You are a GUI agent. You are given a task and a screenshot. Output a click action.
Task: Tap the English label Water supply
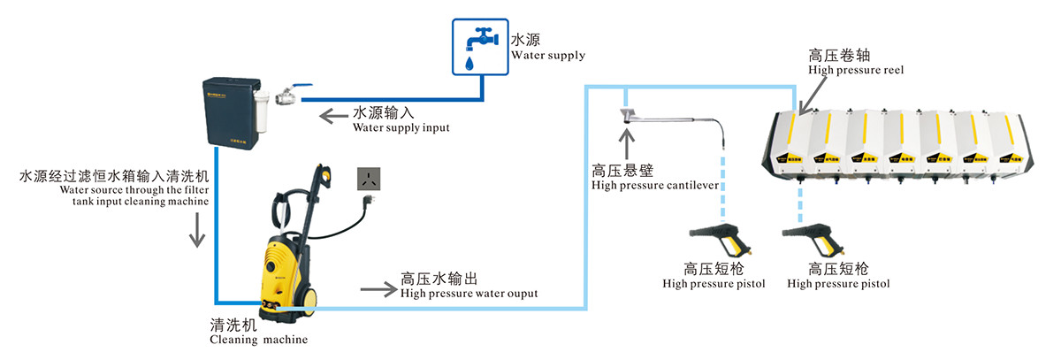(x=548, y=55)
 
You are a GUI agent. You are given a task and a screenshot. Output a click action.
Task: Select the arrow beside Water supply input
(x=332, y=116)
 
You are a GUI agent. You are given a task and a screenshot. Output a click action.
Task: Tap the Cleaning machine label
(x=259, y=338)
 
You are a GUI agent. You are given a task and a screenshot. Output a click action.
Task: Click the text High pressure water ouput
(x=469, y=294)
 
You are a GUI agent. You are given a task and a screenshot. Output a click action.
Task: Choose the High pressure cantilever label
(x=654, y=185)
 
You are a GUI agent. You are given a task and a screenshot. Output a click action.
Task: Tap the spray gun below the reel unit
(x=815, y=238)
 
